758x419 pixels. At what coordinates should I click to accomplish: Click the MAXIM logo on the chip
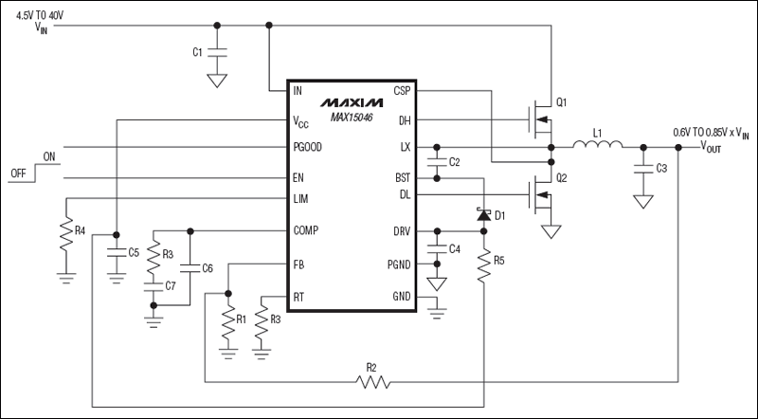tap(350, 100)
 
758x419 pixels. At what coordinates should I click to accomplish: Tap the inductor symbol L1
tap(597, 146)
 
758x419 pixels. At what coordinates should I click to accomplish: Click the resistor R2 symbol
tap(373, 382)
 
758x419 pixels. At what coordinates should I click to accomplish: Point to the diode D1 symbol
tap(483, 216)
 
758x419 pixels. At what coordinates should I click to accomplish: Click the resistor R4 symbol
tap(65, 234)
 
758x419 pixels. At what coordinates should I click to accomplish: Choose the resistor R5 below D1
tap(483, 267)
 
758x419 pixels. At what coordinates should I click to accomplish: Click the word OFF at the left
tap(17, 174)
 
